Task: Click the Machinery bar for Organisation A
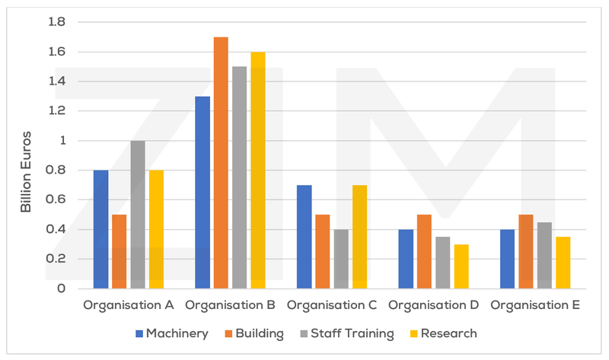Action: (101, 229)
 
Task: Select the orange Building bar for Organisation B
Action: (221, 162)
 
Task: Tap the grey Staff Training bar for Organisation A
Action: (138, 215)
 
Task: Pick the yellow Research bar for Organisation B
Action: (257, 170)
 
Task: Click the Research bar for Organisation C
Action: (359, 237)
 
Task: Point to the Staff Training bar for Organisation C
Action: (341, 259)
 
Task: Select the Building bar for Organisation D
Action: (424, 251)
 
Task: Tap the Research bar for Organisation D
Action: (461, 266)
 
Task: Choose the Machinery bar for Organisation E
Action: (507, 259)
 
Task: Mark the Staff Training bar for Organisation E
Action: (544, 255)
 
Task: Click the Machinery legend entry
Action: (171, 333)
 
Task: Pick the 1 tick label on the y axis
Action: (62, 141)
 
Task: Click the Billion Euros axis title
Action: (26, 155)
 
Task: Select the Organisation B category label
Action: (231, 305)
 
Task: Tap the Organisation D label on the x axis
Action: (433, 305)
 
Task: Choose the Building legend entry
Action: (256, 333)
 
